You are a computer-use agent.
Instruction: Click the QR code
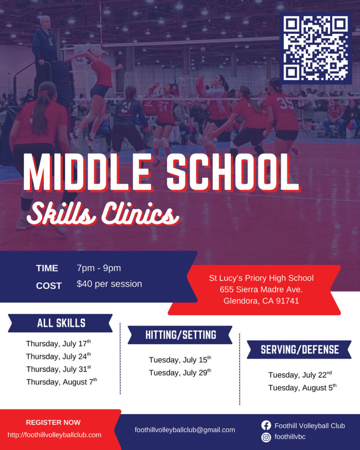pyautogui.click(x=316, y=48)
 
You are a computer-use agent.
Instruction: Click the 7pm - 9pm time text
pyautogui.click(x=99, y=268)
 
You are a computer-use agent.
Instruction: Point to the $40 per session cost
pyautogui.click(x=109, y=284)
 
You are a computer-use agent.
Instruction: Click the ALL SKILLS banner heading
pyautogui.click(x=61, y=323)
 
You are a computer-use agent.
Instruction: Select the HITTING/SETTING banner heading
pyautogui.click(x=181, y=335)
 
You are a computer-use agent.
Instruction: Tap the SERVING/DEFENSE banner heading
pyautogui.click(x=300, y=349)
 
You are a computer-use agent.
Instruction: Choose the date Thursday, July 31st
pyautogui.click(x=59, y=369)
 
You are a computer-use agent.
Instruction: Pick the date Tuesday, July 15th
pyautogui.click(x=180, y=359)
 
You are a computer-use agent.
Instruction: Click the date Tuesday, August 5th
pyautogui.click(x=302, y=388)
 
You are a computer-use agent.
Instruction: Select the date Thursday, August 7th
pyautogui.click(x=62, y=382)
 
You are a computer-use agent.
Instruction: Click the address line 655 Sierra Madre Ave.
pyautogui.click(x=261, y=289)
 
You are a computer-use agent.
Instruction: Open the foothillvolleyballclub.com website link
pyautogui.click(x=54, y=435)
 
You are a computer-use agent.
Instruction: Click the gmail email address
pyautogui.click(x=185, y=430)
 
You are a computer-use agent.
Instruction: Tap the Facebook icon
pyautogui.click(x=266, y=425)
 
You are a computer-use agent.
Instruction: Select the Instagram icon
pyautogui.click(x=266, y=437)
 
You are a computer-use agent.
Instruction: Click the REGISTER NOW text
pyautogui.click(x=53, y=422)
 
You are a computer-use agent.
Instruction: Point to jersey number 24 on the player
pyautogui.click(x=163, y=108)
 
